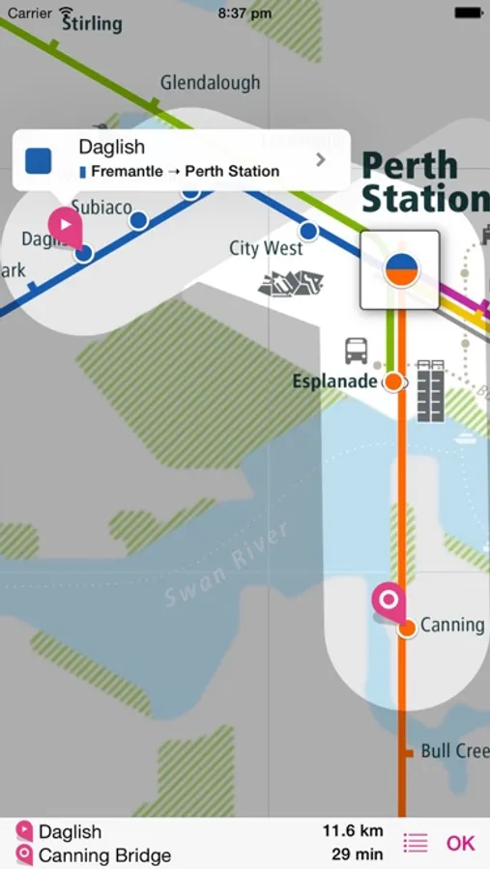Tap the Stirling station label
[93, 23]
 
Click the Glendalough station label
[210, 83]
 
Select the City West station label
[266, 248]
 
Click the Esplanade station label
[334, 381]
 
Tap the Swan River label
[225, 566]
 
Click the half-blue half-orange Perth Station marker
[399, 269]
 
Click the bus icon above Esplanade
[357, 350]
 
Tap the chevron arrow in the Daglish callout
[321, 159]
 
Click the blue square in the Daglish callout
[39, 159]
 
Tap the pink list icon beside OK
[416, 843]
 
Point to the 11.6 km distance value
[353, 831]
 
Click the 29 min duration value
[357, 855]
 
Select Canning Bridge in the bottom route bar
[104, 855]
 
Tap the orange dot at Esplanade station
[393, 381]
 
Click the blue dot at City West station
[308, 232]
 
